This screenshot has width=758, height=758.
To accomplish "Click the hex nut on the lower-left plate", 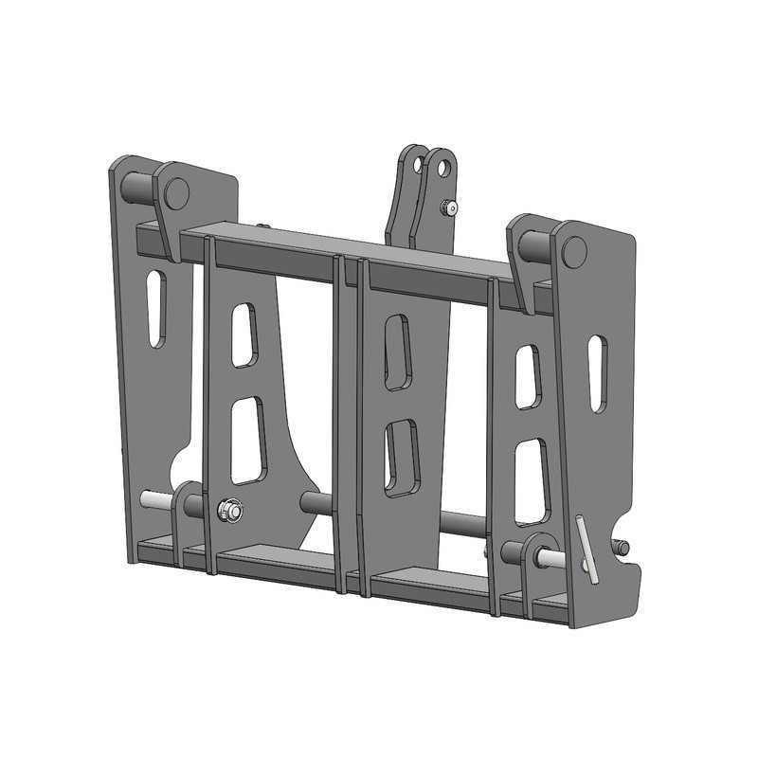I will [x=229, y=511].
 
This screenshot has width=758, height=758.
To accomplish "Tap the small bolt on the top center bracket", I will [x=453, y=208].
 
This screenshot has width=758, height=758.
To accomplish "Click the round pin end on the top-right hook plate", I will [x=573, y=252].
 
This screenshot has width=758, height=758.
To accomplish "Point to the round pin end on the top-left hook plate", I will [x=176, y=192].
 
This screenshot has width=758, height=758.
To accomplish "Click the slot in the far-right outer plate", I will [x=597, y=372].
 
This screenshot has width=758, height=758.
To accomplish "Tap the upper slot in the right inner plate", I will [x=528, y=376].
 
